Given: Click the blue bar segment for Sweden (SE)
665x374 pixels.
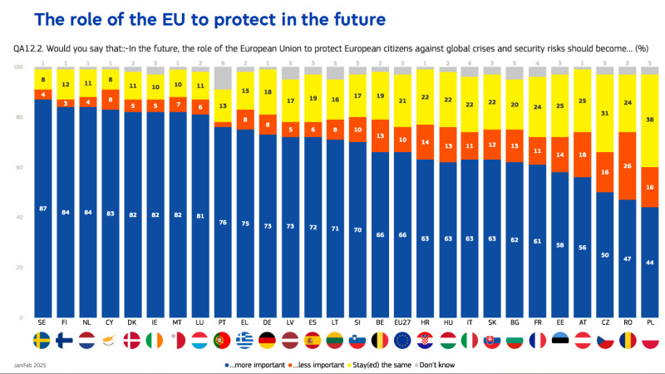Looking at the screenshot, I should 42,208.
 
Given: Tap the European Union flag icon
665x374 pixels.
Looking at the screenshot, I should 401,342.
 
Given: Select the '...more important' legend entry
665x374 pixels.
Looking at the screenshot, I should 254,364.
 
